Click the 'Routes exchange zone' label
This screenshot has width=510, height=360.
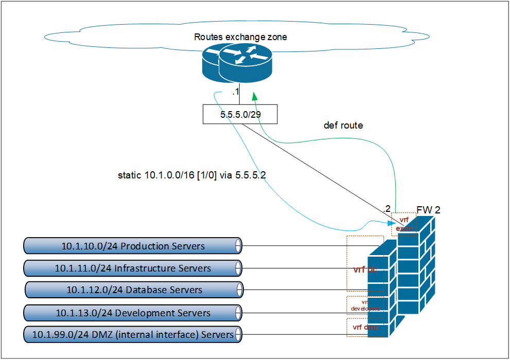click(240, 37)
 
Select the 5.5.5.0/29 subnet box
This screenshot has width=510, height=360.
click(240, 114)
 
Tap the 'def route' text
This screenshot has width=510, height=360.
click(343, 125)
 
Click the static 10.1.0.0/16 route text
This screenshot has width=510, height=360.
click(191, 175)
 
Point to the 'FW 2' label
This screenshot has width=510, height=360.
click(429, 210)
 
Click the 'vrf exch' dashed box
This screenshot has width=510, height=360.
click(403, 224)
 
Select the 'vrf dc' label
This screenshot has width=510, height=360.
click(365, 269)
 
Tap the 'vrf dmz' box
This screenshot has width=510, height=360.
click(365, 327)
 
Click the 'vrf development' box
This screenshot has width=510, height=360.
click(365, 305)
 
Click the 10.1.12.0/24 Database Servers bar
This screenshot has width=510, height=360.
click(134, 290)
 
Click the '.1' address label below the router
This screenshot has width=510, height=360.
click(235, 92)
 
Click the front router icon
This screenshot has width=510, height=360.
click(244, 62)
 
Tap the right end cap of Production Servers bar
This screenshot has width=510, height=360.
click(238, 246)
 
